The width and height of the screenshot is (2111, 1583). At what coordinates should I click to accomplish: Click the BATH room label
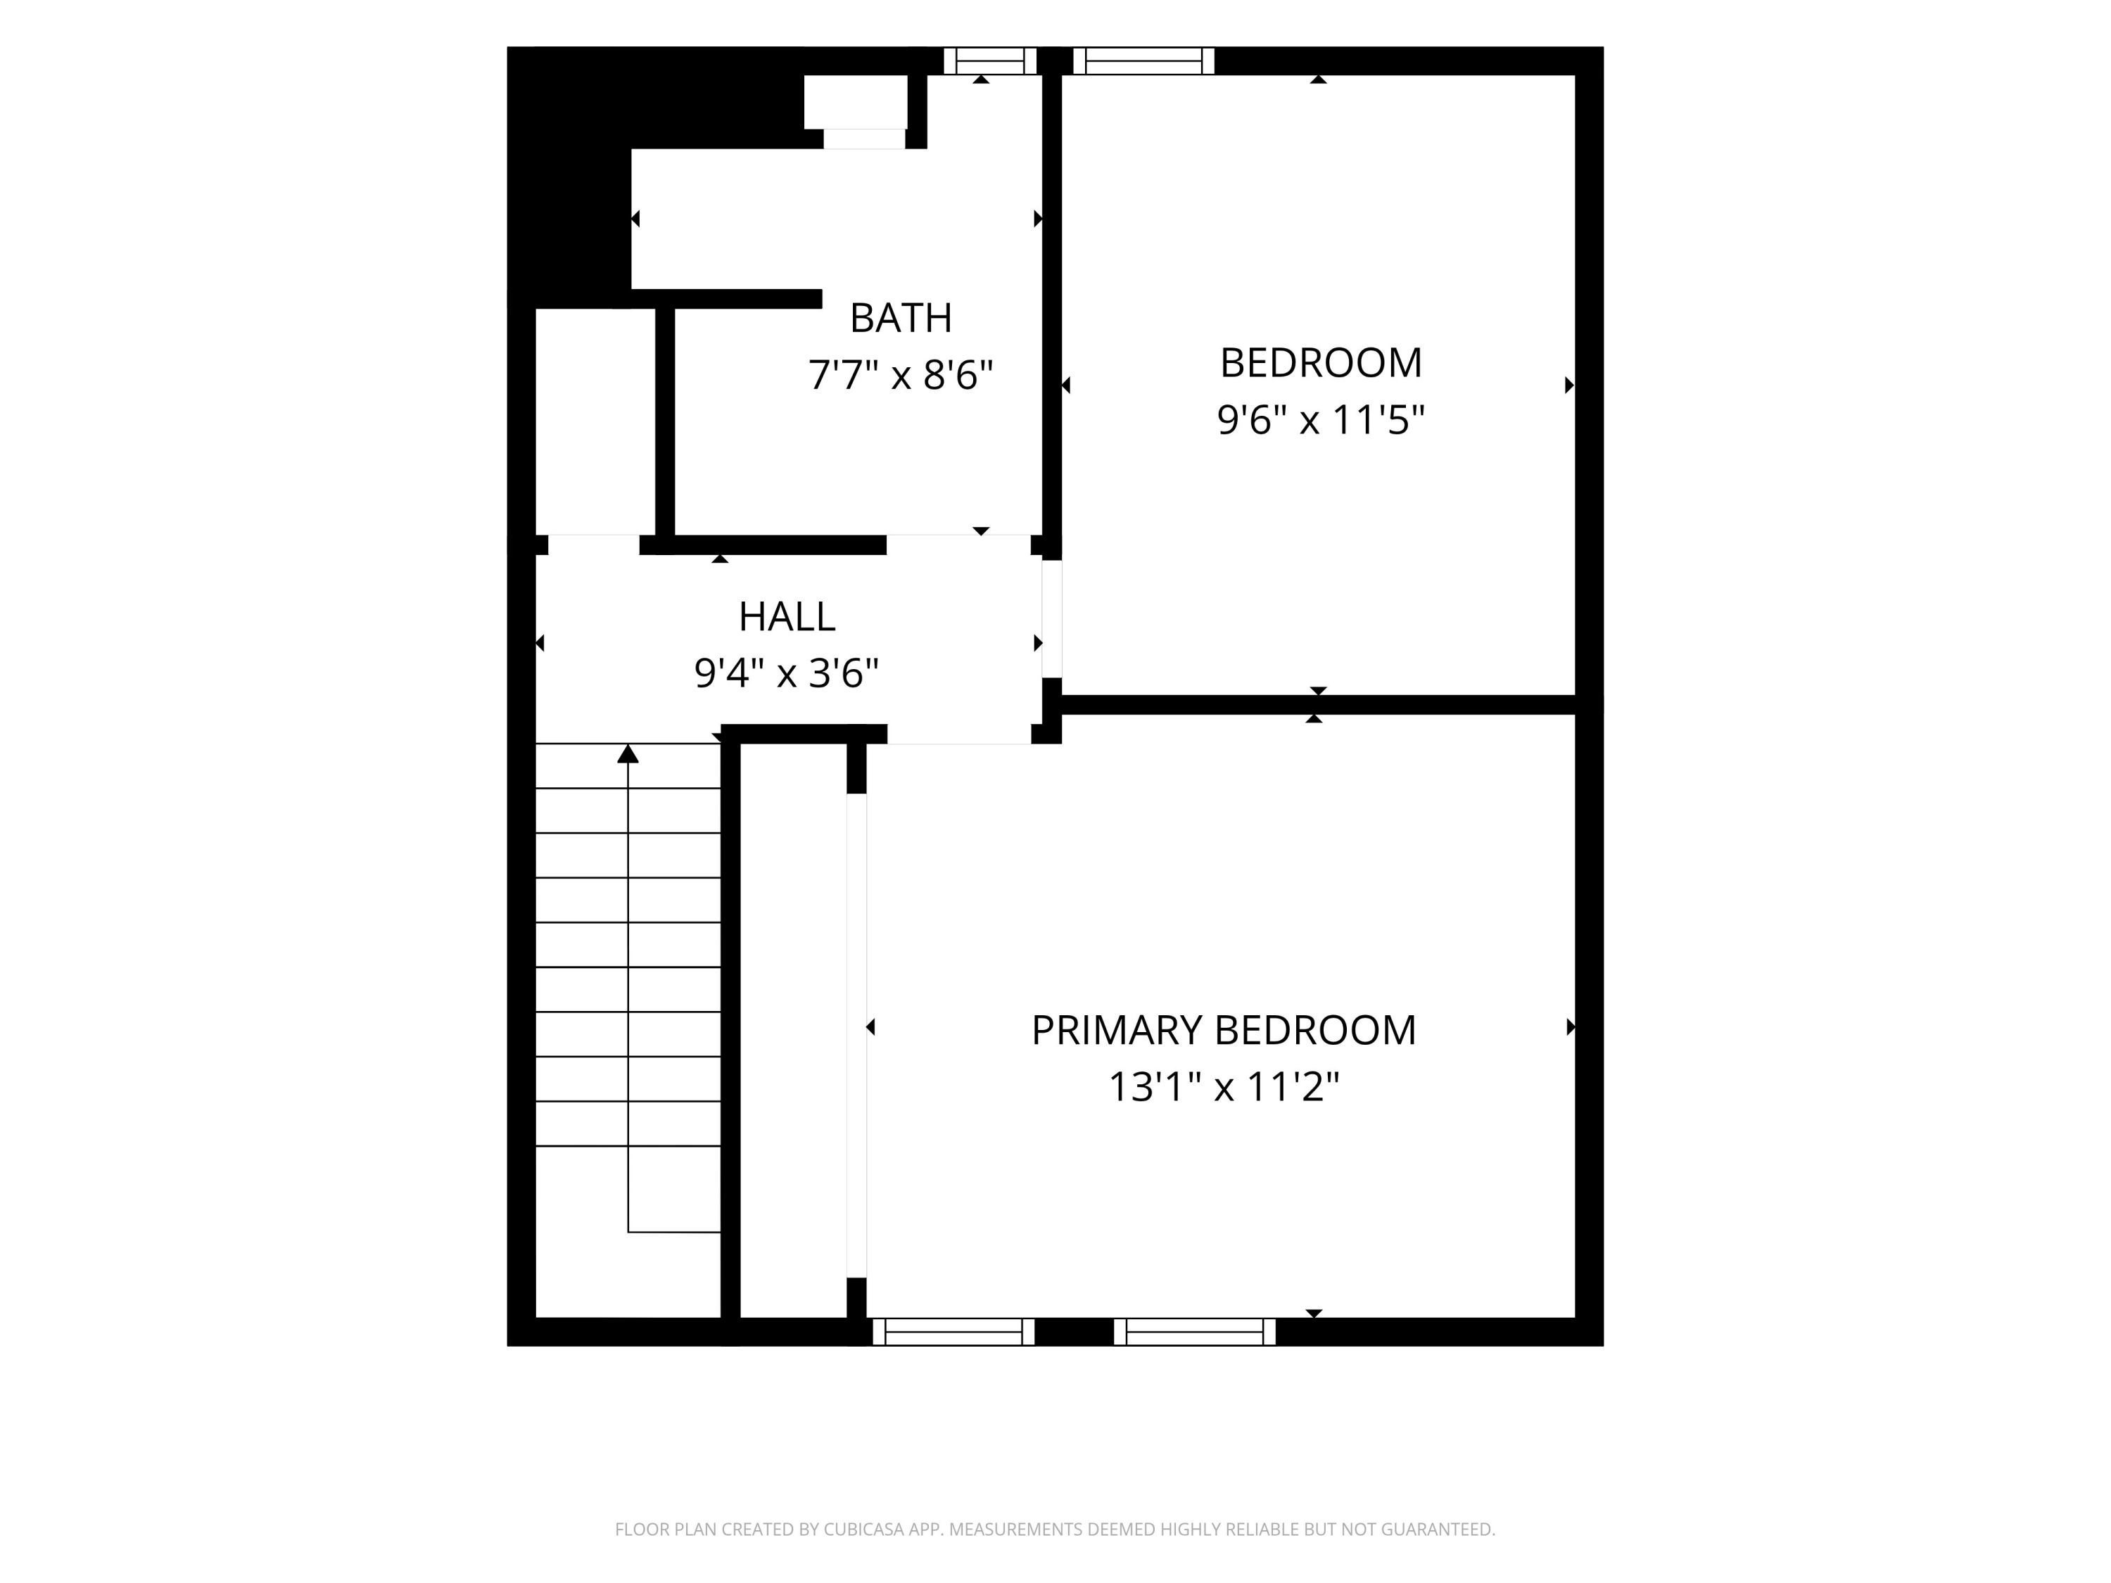900,318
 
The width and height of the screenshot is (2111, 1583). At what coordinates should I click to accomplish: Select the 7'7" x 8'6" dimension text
900,375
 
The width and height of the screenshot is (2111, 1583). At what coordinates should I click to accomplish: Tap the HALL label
787,616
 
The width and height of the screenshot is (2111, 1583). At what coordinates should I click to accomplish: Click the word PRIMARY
1117,1029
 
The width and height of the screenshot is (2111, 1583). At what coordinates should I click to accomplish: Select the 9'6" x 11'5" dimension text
1321,419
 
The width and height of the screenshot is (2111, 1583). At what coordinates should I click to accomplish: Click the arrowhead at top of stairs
627,754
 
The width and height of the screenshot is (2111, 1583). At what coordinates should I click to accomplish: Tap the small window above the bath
989,61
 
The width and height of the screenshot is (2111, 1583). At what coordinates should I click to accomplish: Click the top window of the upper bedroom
1143,61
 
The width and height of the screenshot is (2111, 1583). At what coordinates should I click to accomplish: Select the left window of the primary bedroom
953,1331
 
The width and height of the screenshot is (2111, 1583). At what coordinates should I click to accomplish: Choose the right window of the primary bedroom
1194,1331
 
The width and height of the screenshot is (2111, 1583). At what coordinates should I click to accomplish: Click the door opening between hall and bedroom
1052,618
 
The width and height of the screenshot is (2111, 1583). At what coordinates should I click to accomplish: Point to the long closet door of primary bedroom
856,1036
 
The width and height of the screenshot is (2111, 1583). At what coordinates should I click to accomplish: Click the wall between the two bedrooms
1318,705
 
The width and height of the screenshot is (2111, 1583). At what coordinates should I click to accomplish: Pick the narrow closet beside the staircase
793,1031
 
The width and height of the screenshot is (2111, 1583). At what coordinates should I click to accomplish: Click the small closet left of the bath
595,421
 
